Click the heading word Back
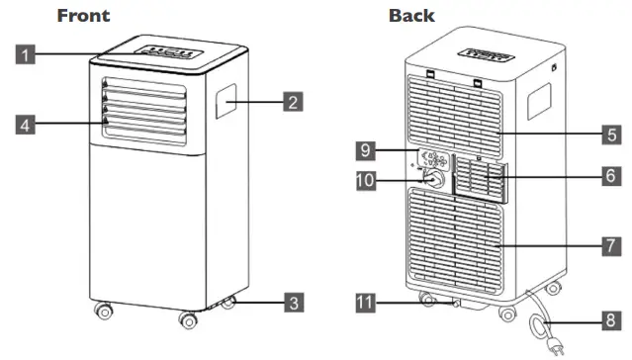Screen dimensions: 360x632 tap(411, 16)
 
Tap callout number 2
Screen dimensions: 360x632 tap(292, 100)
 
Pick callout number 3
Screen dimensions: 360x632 tap(292, 303)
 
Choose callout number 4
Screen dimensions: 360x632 tap(27, 124)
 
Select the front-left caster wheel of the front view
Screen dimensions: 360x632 tap(103, 313)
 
